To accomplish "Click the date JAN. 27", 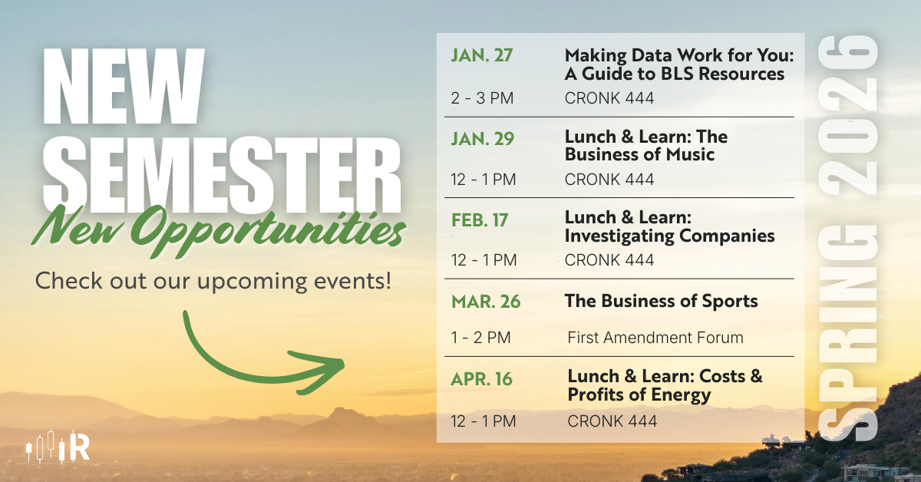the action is [x=481, y=55].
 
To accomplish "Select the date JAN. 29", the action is [x=482, y=139].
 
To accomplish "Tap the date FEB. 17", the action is [x=480, y=220].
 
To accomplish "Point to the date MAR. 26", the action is [x=486, y=302].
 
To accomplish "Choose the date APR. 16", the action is [x=481, y=379].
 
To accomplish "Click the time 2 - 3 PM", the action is [x=482, y=98].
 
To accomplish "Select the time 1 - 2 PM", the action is [x=480, y=338].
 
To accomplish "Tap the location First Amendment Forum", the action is [x=655, y=338].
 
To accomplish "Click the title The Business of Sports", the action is [x=661, y=301].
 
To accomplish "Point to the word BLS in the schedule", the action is [x=678, y=74].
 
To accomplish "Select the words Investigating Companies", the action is [x=670, y=236].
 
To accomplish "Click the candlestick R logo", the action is [x=58, y=446].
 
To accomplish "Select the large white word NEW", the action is [x=124, y=86].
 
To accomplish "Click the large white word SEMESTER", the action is [x=222, y=175].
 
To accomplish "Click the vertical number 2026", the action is [x=848, y=115].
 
